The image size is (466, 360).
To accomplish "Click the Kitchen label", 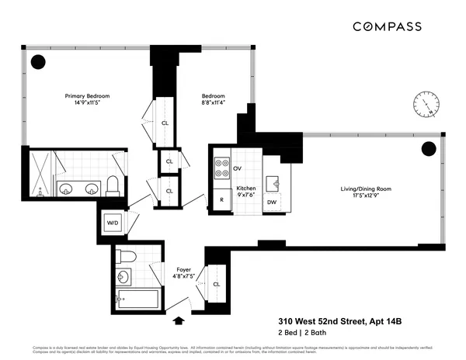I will (245, 189).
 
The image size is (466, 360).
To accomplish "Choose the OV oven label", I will (238, 168).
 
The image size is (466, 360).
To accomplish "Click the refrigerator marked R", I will (221, 199).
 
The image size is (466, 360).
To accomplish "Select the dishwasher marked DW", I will (271, 202).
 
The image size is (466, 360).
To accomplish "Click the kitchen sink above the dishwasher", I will (273, 182).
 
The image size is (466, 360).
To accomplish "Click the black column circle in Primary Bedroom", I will (37, 62).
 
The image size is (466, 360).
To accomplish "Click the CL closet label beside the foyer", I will (216, 284).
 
